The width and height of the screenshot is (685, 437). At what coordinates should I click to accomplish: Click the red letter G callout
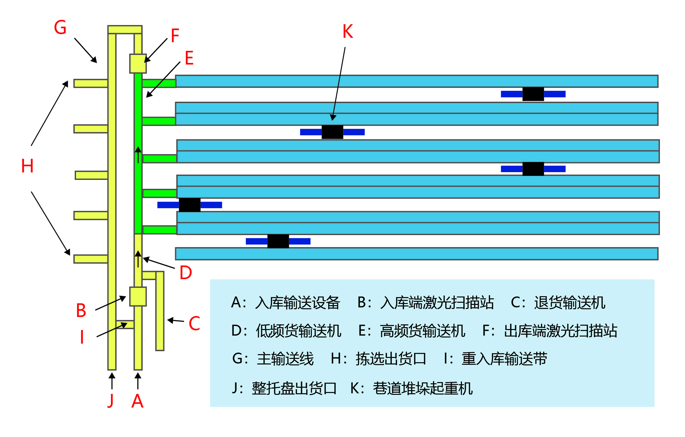(60, 27)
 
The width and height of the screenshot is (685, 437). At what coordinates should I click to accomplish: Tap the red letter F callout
(175, 36)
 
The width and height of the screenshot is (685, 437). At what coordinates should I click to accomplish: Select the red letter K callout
(348, 32)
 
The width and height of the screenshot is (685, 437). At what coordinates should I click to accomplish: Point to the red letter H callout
(27, 166)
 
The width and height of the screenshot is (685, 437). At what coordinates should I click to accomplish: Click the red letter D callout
(186, 273)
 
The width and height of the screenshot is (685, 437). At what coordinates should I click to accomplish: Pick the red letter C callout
(194, 323)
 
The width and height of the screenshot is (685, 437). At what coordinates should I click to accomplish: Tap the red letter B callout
(81, 311)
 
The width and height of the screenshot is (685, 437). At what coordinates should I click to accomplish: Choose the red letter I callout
(82, 337)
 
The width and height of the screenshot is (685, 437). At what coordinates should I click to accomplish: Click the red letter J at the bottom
(110, 400)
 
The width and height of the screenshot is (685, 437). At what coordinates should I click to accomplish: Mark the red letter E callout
(189, 58)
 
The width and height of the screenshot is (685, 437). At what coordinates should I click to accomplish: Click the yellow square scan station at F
(138, 63)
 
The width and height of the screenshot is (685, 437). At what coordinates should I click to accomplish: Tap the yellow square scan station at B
(138, 296)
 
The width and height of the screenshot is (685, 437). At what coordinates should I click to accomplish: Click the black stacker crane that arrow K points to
(332, 132)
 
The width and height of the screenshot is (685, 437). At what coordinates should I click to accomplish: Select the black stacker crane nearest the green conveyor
(189, 205)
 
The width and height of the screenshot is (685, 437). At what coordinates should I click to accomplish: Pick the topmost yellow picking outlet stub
(91, 83)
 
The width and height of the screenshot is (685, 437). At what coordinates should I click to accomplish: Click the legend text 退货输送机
(570, 303)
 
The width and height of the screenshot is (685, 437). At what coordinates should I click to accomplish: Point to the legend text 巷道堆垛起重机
(423, 388)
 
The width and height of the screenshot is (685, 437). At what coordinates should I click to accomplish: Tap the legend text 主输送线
(285, 359)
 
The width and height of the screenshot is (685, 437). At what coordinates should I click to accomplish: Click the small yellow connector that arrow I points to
(125, 325)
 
